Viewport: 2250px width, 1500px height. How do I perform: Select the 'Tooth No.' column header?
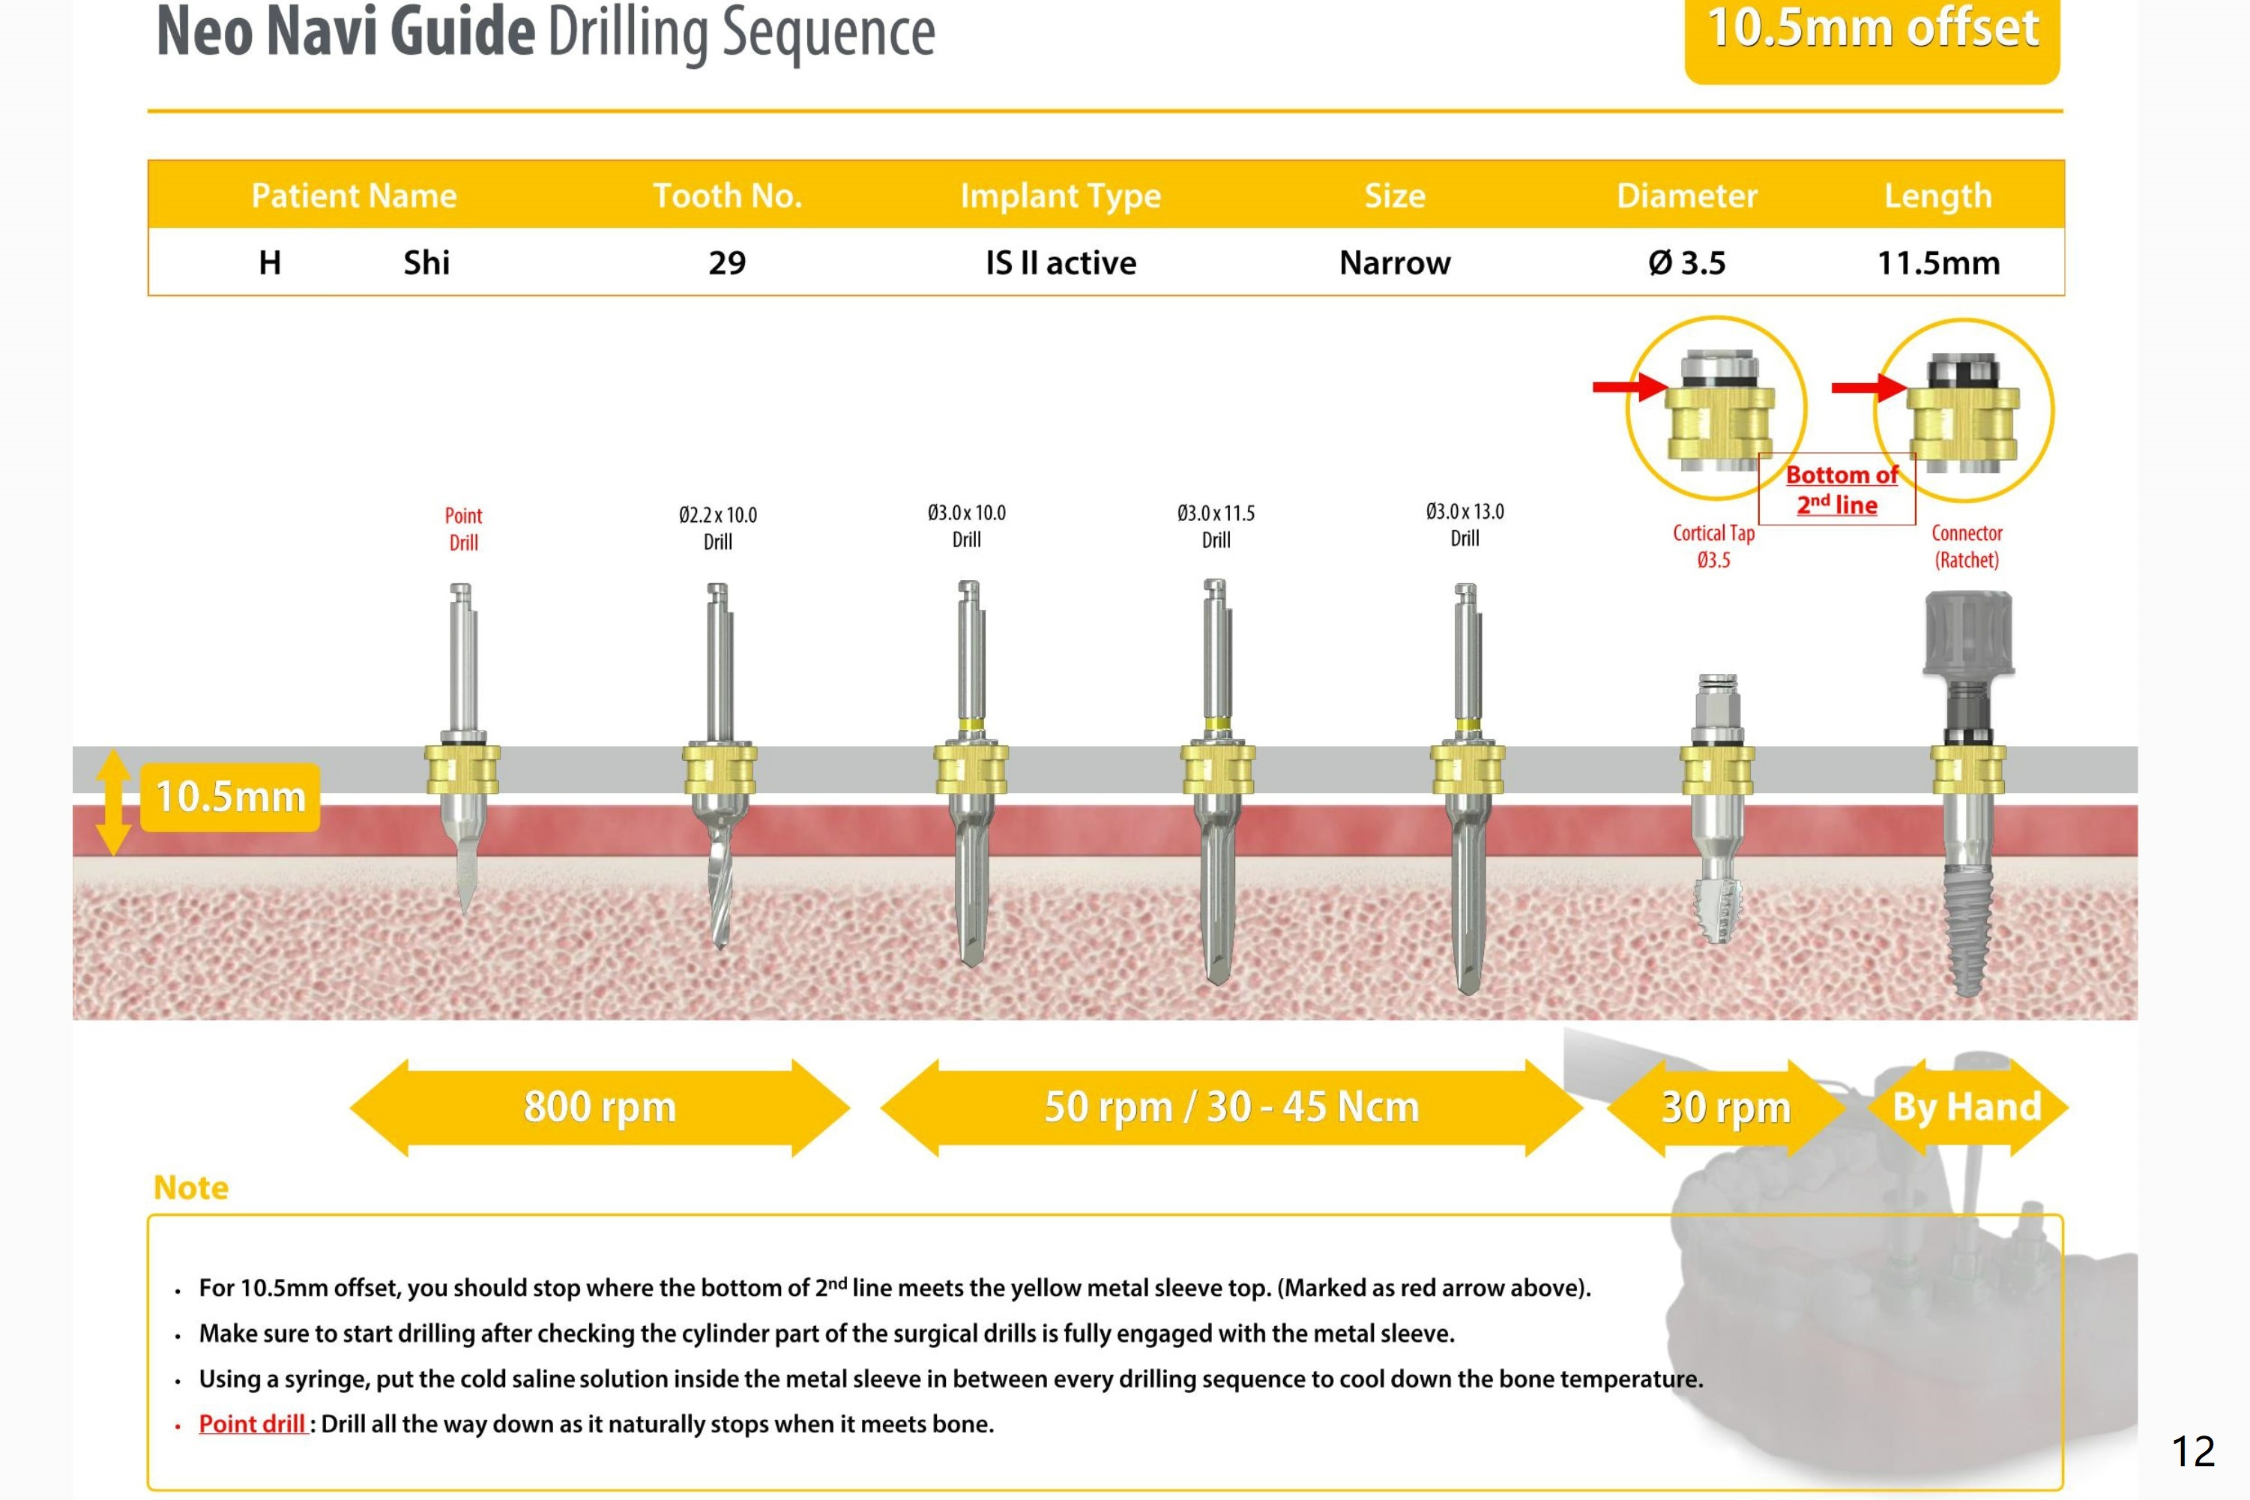point(727,195)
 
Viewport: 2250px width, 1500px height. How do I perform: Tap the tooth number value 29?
point(727,262)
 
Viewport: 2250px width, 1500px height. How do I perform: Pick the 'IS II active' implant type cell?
point(1061,262)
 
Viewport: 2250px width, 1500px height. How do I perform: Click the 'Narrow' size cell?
point(1394,262)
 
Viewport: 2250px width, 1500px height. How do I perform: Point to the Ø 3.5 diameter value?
point(1687,262)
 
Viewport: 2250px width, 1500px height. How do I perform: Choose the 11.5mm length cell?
point(1937,262)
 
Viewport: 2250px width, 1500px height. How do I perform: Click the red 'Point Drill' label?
point(464,528)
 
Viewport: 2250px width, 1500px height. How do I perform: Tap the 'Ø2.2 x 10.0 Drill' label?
point(717,528)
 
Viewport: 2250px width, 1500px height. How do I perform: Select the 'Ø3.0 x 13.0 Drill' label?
point(1464,524)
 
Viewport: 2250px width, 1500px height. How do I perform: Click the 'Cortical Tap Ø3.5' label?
point(1713,546)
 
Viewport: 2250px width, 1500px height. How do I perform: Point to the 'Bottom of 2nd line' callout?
point(1838,489)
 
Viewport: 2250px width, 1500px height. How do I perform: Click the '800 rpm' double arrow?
point(600,1107)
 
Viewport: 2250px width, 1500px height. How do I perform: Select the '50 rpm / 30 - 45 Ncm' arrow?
point(1231,1107)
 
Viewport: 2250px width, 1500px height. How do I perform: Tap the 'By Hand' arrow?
point(1967,1107)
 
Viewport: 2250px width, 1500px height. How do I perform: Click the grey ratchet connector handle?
point(1968,633)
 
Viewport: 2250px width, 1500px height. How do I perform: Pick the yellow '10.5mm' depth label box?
point(229,797)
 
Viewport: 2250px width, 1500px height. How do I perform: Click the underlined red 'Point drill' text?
point(252,1424)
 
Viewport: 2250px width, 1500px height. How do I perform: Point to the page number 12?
point(2192,1451)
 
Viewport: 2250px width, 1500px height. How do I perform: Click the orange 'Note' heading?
point(191,1187)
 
